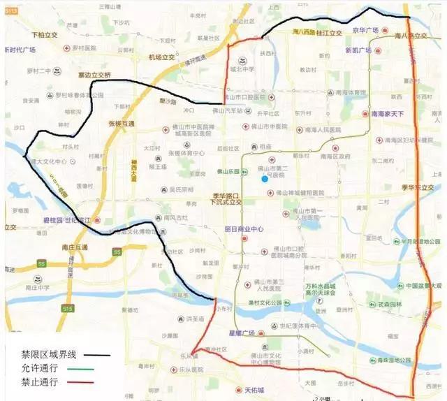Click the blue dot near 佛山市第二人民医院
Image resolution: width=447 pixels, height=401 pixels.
pos(265,179)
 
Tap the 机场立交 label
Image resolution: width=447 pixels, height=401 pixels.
pos(165,58)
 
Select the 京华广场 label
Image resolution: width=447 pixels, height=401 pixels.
pos(365,30)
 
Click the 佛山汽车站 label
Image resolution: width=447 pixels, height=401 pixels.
pos(228,110)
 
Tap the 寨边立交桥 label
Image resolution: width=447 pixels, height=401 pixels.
pos(94,75)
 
